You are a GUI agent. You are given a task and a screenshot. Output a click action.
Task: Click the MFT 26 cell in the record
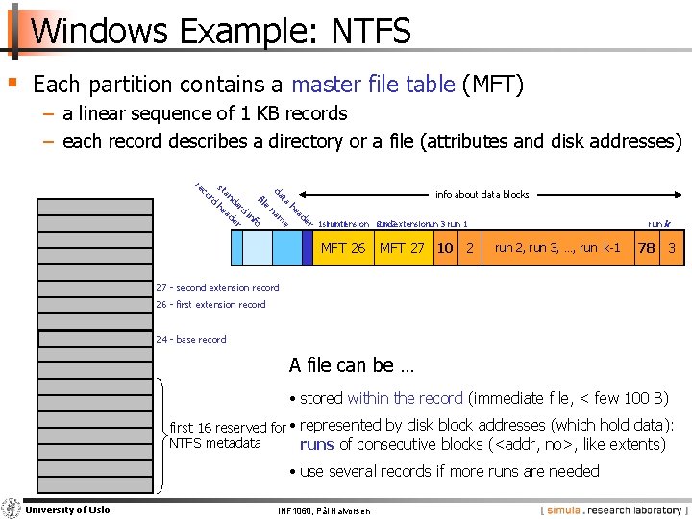pos(343,248)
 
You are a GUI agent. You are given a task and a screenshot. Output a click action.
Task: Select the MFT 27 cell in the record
pos(402,248)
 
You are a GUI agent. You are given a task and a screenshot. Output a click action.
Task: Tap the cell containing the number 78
pos(647,248)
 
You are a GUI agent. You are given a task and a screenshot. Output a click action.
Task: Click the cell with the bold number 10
pos(445,248)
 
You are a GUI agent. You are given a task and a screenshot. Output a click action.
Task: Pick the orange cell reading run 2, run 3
pos(556,248)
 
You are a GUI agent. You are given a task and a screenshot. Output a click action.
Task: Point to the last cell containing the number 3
pos(672,248)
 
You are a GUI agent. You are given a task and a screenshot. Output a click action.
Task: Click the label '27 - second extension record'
pos(217,287)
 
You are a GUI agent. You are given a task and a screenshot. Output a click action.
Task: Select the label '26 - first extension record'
pos(210,305)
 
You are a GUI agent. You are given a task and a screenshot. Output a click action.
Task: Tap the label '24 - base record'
pos(191,339)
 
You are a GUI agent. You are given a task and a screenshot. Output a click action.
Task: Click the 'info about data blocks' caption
pos(482,194)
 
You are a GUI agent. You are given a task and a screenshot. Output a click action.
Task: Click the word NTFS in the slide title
pos(371,32)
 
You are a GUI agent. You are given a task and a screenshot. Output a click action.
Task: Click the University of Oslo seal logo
pos(11,508)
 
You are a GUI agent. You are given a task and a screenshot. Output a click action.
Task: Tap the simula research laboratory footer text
pos(611,508)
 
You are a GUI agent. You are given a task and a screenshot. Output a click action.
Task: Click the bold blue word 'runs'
pos(316,444)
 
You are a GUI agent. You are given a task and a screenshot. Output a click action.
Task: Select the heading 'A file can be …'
pos(351,365)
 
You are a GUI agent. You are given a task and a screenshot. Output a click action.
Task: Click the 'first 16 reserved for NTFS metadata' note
pos(227,435)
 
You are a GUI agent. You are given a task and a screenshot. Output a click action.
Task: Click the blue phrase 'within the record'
pos(405,398)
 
